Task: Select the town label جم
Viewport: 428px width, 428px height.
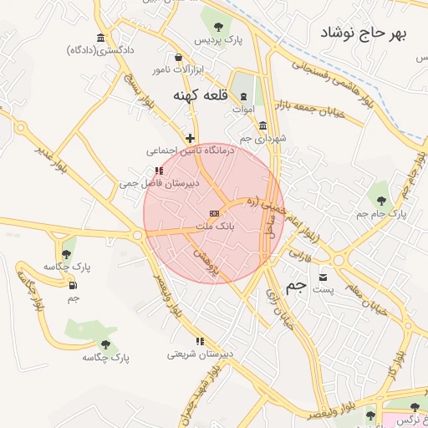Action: pos(296,287)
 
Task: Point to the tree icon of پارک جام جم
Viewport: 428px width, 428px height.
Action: pos(381,200)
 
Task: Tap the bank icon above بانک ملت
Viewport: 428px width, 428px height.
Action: pos(215,213)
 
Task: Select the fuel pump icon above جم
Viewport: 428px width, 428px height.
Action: pos(73,285)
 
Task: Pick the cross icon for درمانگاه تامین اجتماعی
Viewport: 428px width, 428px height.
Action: pos(191,138)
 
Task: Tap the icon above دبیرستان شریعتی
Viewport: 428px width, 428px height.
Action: pos(199,341)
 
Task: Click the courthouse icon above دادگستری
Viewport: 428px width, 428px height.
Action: pos(101,38)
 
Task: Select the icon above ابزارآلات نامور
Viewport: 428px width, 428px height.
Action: pos(178,57)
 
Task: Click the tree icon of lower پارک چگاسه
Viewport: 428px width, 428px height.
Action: pos(105,344)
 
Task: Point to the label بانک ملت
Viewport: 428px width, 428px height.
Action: pos(215,226)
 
